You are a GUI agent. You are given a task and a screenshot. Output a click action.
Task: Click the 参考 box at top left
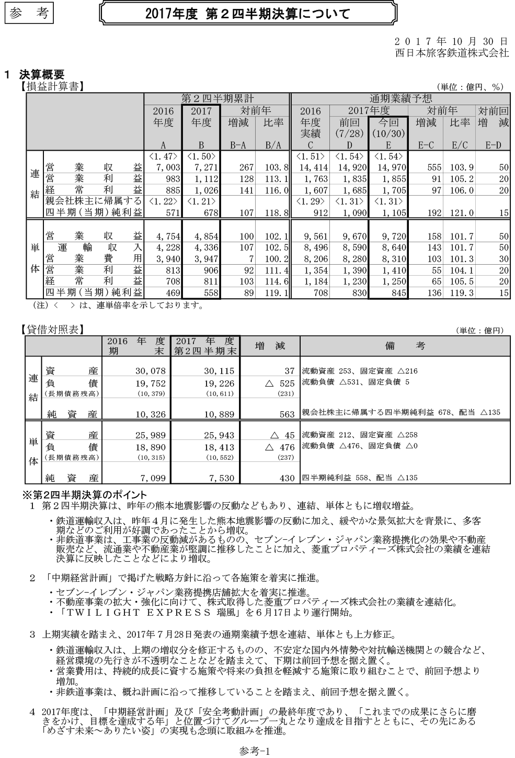(29, 14)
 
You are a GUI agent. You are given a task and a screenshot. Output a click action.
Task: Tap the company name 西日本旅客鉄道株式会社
(452, 53)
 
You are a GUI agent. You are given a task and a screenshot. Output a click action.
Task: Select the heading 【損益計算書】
(52, 86)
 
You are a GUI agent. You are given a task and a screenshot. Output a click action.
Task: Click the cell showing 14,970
(388, 168)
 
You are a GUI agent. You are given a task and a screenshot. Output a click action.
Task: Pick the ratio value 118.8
(273, 213)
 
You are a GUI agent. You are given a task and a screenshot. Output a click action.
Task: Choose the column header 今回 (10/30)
(387, 129)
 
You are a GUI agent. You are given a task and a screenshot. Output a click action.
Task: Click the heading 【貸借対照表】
(52, 330)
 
